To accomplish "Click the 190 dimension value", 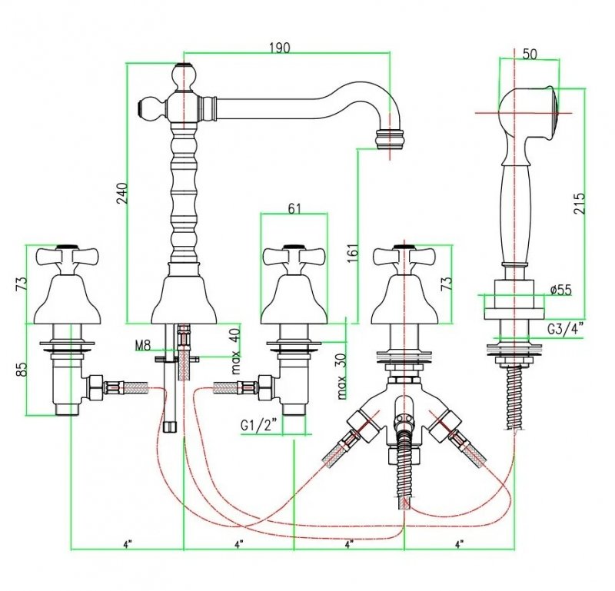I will click(x=279, y=48).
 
